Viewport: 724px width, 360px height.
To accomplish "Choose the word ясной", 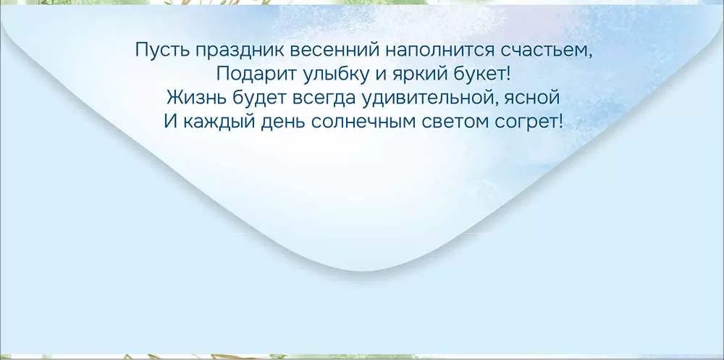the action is click(x=536, y=99).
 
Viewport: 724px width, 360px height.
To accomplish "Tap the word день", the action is click(x=282, y=122).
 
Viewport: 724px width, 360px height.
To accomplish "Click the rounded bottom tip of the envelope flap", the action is click(x=363, y=270).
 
